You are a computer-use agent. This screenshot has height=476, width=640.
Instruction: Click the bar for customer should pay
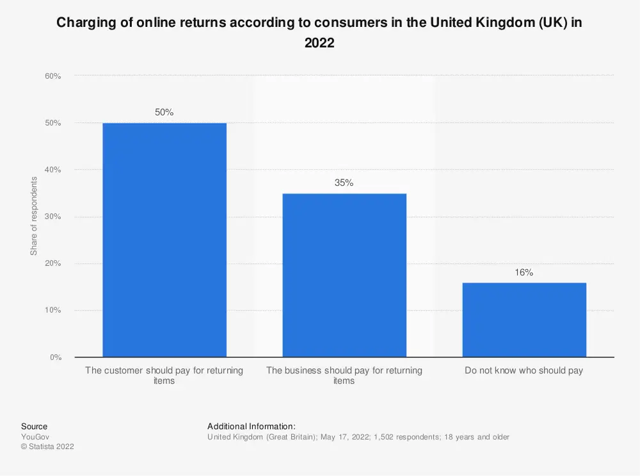pyautogui.click(x=164, y=240)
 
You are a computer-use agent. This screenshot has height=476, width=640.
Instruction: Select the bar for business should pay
pyautogui.click(x=344, y=275)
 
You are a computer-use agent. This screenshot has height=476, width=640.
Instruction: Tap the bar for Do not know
pyautogui.click(x=524, y=320)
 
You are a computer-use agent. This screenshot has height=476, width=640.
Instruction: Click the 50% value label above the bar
pyautogui.click(x=164, y=112)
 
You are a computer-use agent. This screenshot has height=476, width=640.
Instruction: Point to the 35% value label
pyautogui.click(x=344, y=183)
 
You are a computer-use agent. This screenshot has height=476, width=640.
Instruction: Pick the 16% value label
pyautogui.click(x=524, y=272)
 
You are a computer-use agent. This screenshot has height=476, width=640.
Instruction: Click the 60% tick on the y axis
pyautogui.click(x=52, y=76)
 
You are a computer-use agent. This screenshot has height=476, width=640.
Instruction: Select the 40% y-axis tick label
pyautogui.click(x=52, y=170)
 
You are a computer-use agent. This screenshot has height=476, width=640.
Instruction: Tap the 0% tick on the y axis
pyautogui.click(x=55, y=357)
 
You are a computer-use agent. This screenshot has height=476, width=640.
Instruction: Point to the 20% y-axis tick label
pyautogui.click(x=52, y=263)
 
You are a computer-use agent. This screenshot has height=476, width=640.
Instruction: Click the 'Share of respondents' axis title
pyautogui.click(x=34, y=216)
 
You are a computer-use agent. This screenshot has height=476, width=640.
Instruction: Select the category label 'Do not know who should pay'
pyautogui.click(x=524, y=370)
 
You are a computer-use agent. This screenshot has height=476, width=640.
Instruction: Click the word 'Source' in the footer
pyautogui.click(x=34, y=426)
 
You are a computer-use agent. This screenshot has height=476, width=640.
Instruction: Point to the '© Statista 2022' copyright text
pyautogui.click(x=47, y=447)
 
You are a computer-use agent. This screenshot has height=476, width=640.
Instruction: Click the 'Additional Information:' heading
pyautogui.click(x=251, y=426)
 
